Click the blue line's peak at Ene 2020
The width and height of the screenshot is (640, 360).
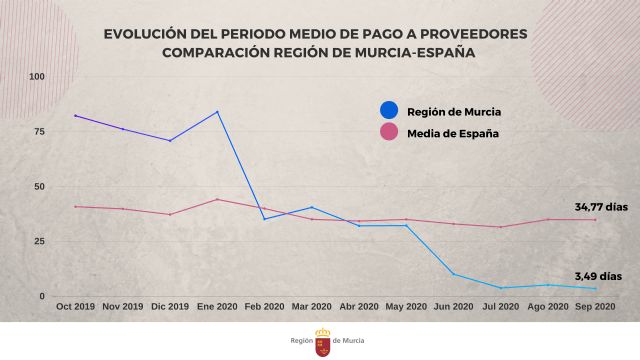click(x=218, y=111)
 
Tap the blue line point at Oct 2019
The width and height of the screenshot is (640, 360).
click(x=76, y=116)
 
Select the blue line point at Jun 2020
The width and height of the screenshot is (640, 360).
click(x=454, y=274)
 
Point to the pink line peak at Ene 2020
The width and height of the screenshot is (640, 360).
click(x=218, y=199)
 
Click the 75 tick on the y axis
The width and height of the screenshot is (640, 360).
click(x=40, y=132)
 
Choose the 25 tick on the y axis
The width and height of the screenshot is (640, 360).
click(x=40, y=241)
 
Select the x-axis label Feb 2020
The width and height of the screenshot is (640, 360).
click(x=265, y=307)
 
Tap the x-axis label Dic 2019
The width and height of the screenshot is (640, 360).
click(x=170, y=307)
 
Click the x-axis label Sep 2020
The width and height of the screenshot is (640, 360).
click(x=595, y=307)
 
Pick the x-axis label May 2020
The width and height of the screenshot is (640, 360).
click(x=406, y=307)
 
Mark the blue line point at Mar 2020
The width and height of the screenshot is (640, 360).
click(x=312, y=207)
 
